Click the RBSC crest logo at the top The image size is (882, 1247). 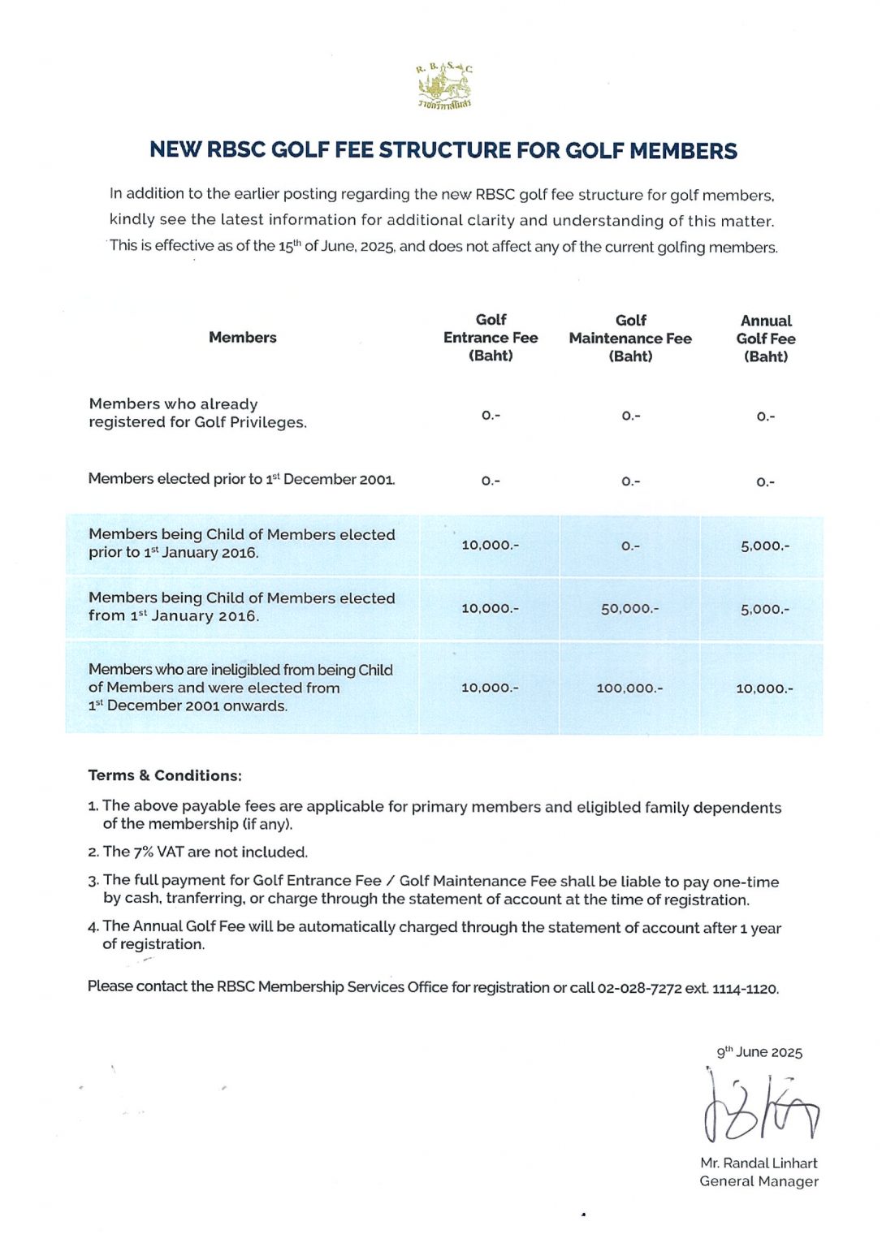click(x=443, y=84)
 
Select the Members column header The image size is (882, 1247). click(x=242, y=338)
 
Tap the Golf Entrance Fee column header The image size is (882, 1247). click(x=491, y=338)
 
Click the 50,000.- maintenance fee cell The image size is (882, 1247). click(x=630, y=609)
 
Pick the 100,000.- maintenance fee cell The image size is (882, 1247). click(x=630, y=688)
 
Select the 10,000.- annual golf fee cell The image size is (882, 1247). click(x=764, y=688)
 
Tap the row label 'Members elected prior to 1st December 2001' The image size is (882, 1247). click(x=241, y=479)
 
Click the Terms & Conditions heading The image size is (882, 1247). click(x=165, y=775)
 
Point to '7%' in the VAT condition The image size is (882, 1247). click(x=143, y=852)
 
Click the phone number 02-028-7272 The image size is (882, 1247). click(x=639, y=989)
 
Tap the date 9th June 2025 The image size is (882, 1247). click(x=759, y=1052)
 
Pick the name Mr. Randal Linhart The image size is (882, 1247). click(x=759, y=1163)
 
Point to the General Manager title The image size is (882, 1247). click(x=759, y=1182)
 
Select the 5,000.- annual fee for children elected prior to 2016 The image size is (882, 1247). click(x=764, y=546)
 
